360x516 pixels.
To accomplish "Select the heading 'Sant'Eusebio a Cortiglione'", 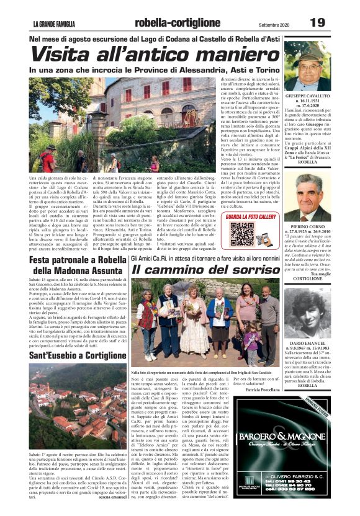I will pos(78,355).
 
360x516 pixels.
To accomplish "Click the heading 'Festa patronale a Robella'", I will pos(78,260).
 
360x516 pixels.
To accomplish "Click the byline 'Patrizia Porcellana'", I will pos(263,389).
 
